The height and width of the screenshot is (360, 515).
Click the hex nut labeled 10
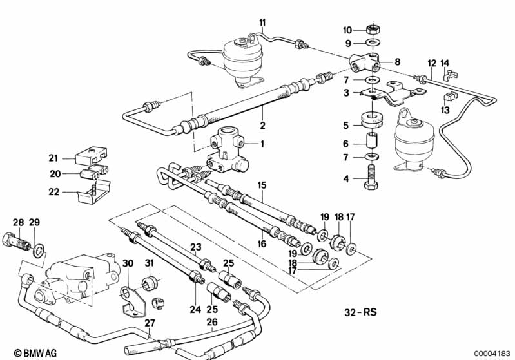373,30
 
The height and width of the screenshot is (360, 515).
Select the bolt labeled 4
371,176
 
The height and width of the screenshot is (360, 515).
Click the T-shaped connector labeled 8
365,62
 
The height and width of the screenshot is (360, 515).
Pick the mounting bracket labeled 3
391,95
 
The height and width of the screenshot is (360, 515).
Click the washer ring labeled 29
39,251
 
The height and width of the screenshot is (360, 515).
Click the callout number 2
262,126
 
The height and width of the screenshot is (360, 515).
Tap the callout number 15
262,185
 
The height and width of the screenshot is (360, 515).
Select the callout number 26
212,322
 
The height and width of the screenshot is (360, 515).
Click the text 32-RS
361,312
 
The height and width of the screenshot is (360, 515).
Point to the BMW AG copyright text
35,353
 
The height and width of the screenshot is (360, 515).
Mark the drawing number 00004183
492,354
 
